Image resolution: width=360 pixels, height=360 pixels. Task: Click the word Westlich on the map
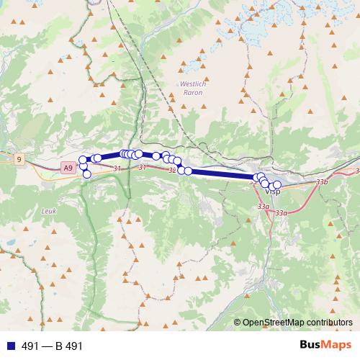[x=192, y=84]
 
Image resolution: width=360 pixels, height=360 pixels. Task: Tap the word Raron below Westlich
[x=192, y=93]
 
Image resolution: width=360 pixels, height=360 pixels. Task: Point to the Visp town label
[x=272, y=192]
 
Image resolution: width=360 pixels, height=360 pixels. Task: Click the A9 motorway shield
[x=67, y=167]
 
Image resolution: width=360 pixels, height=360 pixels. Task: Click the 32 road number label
[x=171, y=170]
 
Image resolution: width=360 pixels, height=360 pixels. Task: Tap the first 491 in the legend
[x=31, y=346]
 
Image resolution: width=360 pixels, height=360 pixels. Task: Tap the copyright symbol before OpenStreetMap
[x=237, y=323]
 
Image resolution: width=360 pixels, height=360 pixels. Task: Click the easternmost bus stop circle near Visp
[x=277, y=185]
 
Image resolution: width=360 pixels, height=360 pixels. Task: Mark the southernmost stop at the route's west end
[x=87, y=174]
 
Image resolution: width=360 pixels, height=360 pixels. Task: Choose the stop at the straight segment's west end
[x=187, y=171]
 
